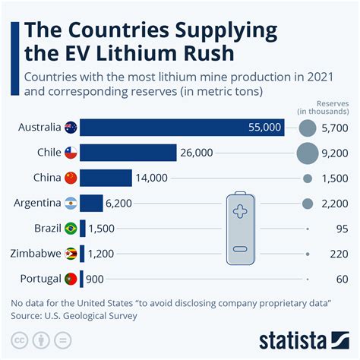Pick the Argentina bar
coord(90,203)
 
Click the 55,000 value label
coord(264,128)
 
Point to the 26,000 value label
coord(197,153)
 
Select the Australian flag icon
coord(71,128)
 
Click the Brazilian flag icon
coord(71,229)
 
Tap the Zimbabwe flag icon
coord(71,254)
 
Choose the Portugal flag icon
coord(71,279)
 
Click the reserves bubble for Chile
coord(308,153)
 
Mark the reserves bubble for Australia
coord(308,128)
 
